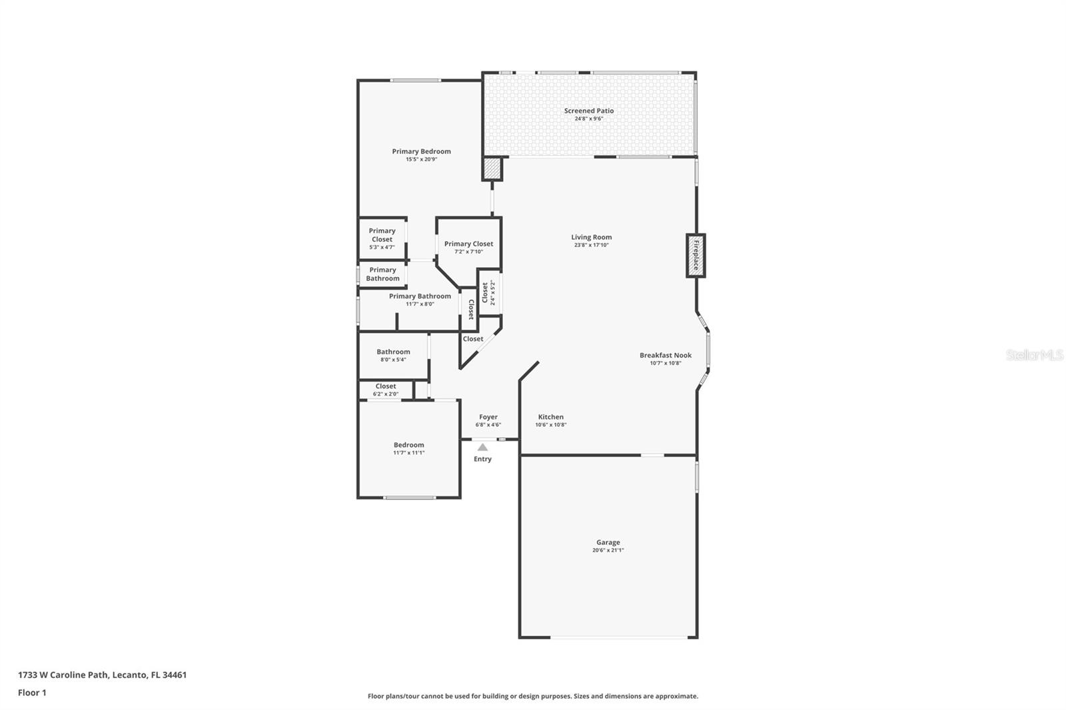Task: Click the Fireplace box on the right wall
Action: coord(696,256)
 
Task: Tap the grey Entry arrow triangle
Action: coord(482,448)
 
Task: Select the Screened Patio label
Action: coord(589,111)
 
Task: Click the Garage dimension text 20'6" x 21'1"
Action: coord(608,550)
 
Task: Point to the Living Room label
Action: coord(592,237)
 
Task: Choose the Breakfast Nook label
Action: coord(666,355)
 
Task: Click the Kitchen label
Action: coord(550,417)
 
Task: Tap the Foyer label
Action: coord(488,417)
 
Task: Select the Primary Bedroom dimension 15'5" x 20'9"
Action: coord(421,159)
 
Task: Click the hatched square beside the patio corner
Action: coord(492,169)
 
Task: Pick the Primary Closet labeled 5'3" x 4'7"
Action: coord(382,238)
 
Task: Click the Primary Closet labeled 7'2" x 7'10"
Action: coord(469,247)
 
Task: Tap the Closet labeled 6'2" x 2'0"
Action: coord(386,390)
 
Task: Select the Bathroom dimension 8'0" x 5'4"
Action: coord(393,360)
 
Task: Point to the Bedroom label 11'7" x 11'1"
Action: coord(409,448)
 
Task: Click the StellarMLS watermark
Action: coord(1035,354)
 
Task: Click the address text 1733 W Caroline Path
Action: coord(63,675)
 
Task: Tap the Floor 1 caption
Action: coord(32,693)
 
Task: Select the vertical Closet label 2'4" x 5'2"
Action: coord(488,292)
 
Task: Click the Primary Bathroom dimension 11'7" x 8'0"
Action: coord(420,304)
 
